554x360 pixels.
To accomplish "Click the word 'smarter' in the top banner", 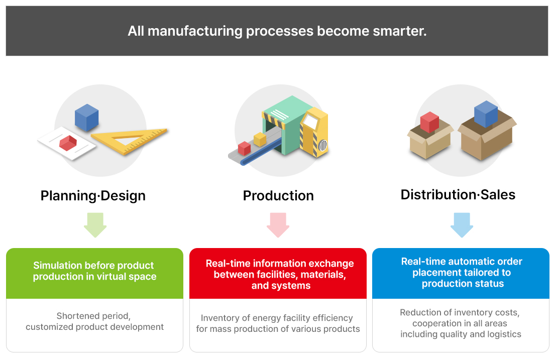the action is pyautogui.click(x=400, y=31).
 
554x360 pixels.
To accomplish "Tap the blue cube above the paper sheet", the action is pyautogui.click(x=86, y=117).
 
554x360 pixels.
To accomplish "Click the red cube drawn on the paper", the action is pyautogui.click(x=68, y=143).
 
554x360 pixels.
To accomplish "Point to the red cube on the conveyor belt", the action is pyautogui.click(x=244, y=149).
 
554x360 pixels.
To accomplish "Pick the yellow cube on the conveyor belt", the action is pyautogui.click(x=260, y=139).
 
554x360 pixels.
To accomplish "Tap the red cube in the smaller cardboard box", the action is pyautogui.click(x=429, y=122).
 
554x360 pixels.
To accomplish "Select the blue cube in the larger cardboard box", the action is pyautogui.click(x=486, y=114).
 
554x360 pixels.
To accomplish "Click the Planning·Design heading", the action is pyautogui.click(x=93, y=196).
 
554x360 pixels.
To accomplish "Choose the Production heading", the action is pyautogui.click(x=278, y=196).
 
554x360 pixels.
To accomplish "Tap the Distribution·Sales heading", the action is pyautogui.click(x=458, y=195).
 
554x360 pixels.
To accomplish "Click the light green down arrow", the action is pyautogui.click(x=95, y=225).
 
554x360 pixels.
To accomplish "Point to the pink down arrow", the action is pyautogui.click(x=278, y=225).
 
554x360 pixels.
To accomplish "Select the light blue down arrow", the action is pyautogui.click(x=462, y=225).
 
